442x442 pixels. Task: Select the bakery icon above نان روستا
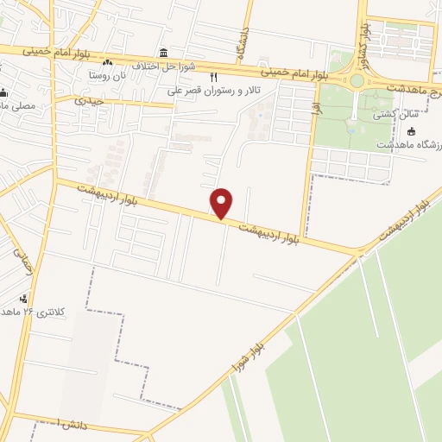[107, 63]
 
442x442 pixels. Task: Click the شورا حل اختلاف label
[195, 66]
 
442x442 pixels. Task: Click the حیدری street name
[89, 100]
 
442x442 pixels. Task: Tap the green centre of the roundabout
[357, 80]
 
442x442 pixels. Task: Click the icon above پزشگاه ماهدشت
[411, 131]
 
